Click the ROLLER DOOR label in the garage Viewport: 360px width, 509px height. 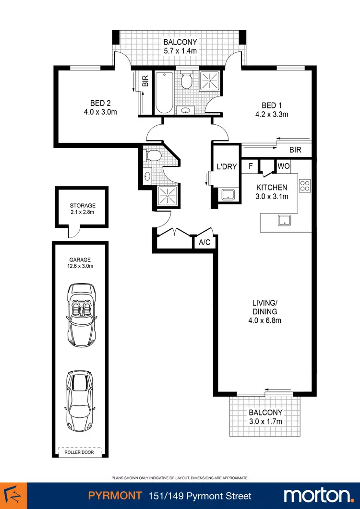click(x=75, y=452)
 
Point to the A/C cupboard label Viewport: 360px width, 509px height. click(x=204, y=242)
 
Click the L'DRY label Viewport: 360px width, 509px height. click(x=226, y=167)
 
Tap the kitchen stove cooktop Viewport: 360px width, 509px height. click(x=305, y=185)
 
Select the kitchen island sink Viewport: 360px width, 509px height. click(x=285, y=221)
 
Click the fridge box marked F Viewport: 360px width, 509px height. click(x=250, y=166)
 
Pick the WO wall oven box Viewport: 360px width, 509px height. click(x=283, y=166)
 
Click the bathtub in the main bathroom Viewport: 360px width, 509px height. click(x=163, y=92)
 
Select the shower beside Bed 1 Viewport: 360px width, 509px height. click(x=208, y=80)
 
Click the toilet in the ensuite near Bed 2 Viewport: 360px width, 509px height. click(x=154, y=155)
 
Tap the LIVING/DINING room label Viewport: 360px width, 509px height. click(x=265, y=307)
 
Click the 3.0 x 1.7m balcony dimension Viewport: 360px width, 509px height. click(x=265, y=421)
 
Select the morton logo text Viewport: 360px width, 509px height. click(x=317, y=495)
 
